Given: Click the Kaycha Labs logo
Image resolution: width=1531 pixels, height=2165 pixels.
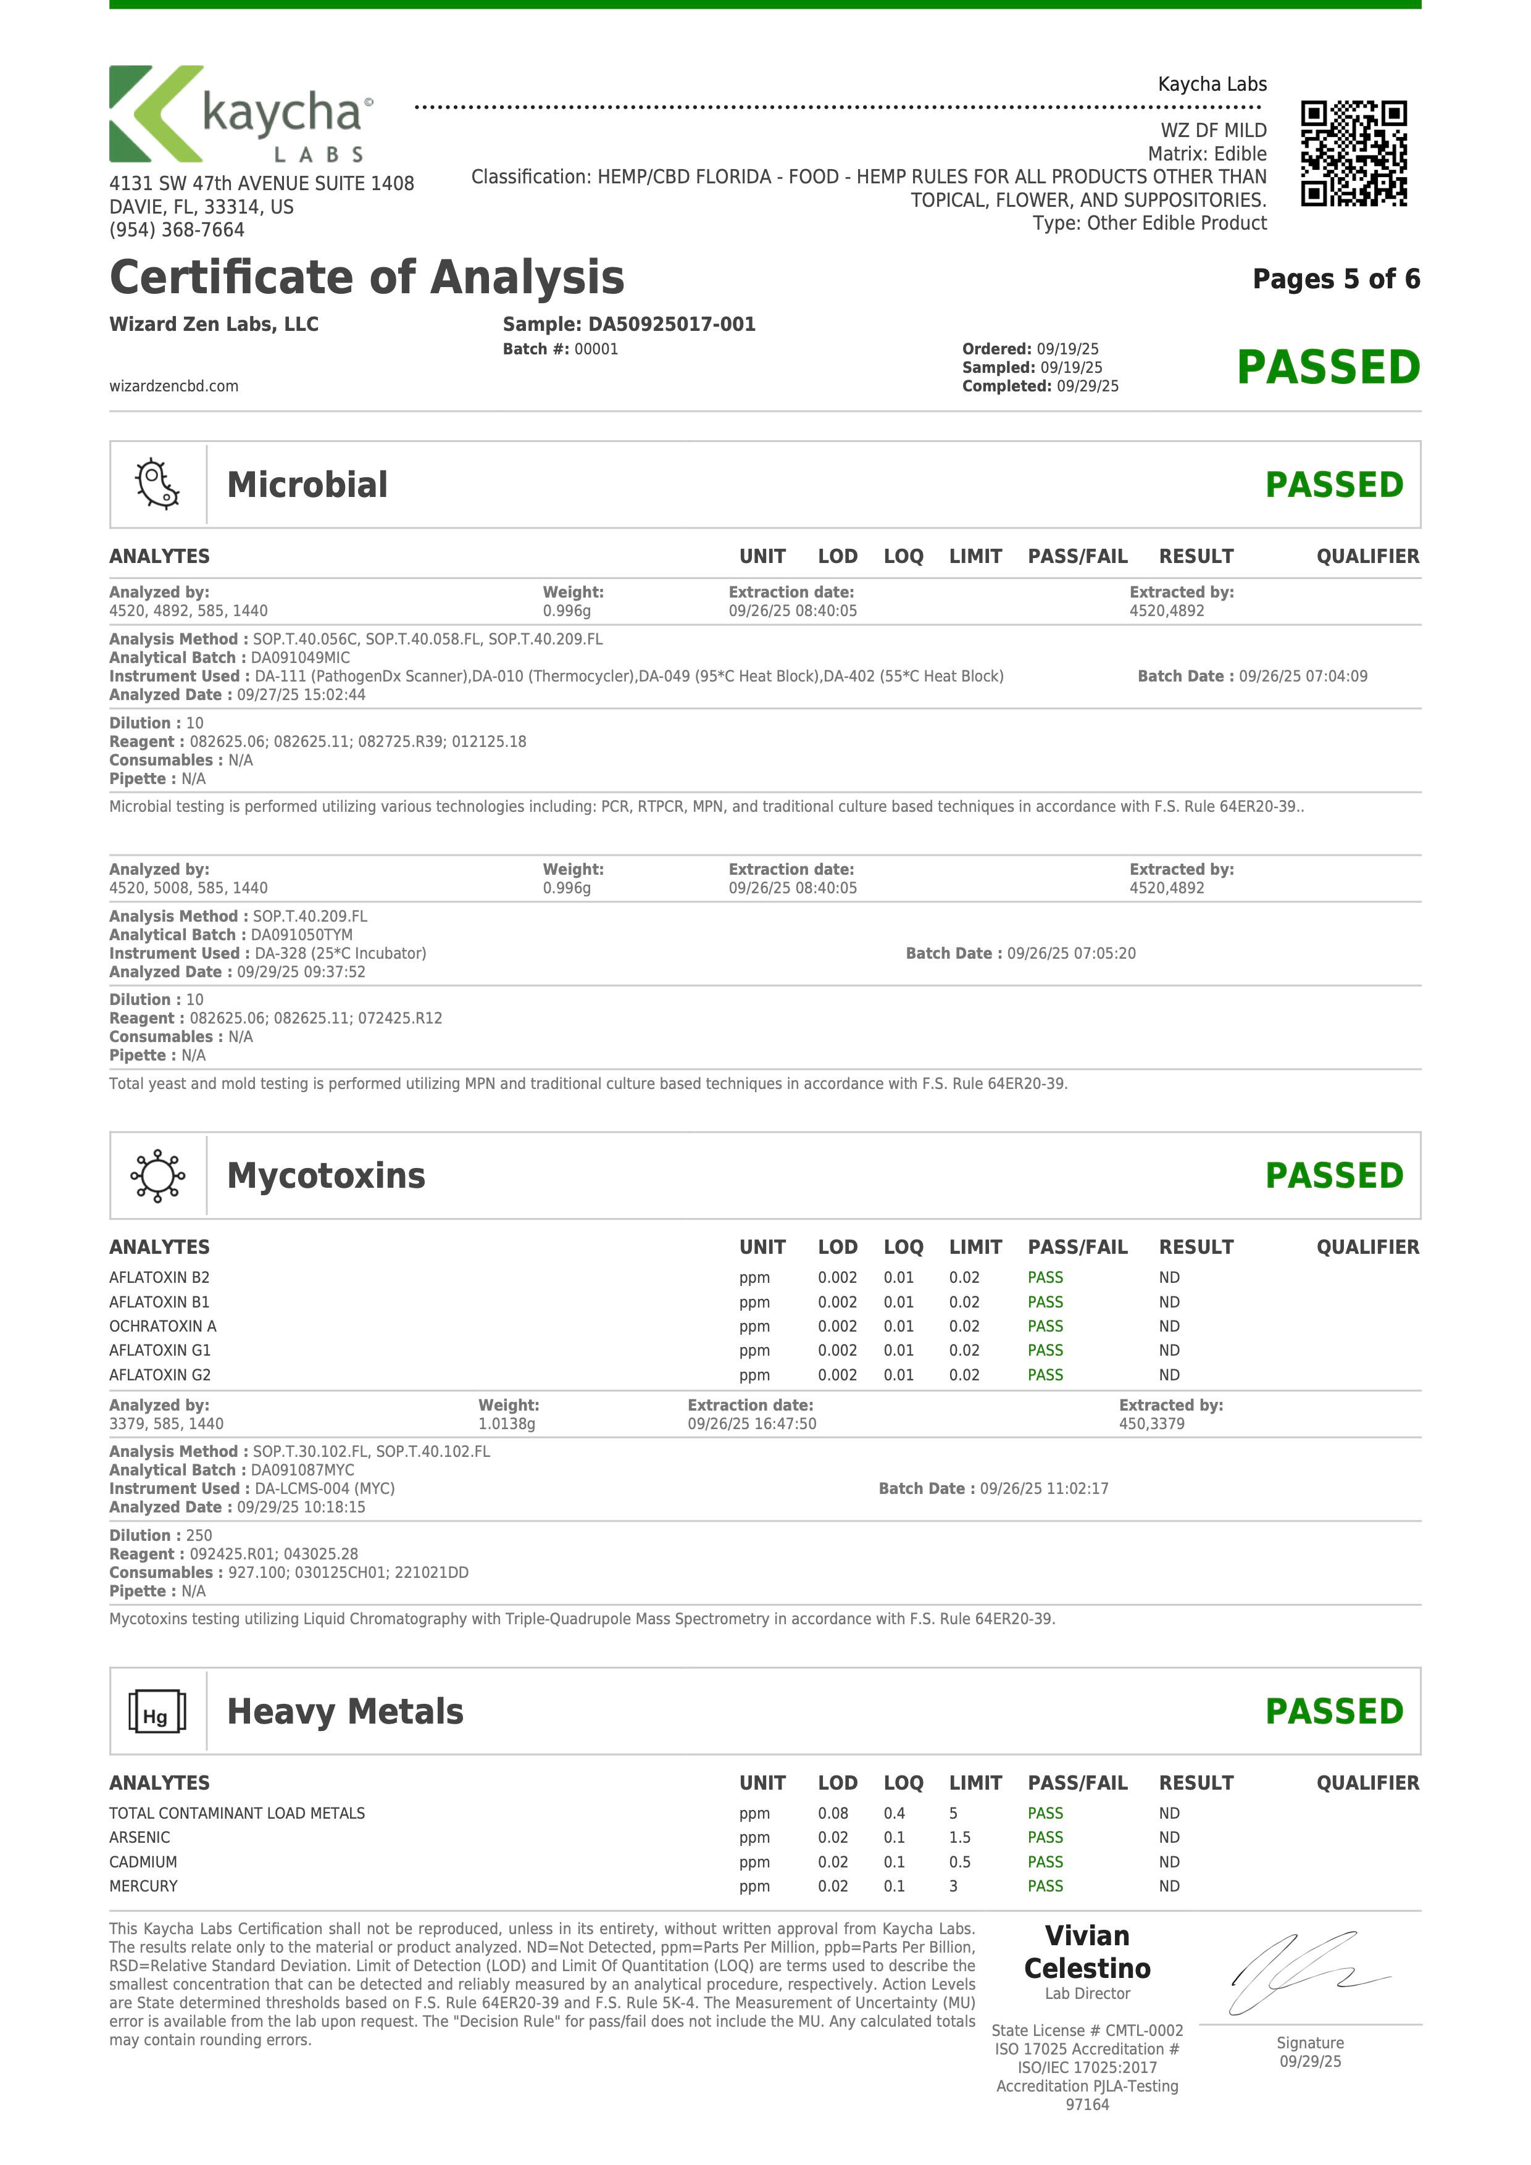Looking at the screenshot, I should tap(241, 114).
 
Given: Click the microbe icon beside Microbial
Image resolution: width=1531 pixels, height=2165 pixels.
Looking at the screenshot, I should tap(157, 485).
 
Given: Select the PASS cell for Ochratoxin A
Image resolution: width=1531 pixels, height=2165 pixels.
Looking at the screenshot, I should tap(1045, 1326).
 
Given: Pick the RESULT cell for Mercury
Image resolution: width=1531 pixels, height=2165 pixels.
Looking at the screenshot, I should tap(1169, 1886).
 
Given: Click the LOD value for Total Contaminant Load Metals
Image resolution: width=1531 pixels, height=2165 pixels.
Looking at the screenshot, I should tap(832, 1813).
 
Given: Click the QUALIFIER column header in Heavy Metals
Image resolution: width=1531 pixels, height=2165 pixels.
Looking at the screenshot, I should tap(1367, 1782).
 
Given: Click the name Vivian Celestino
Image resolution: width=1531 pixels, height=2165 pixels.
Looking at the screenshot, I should tap(1087, 1952).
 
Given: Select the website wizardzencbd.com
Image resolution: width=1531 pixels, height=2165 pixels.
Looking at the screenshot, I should tap(173, 386).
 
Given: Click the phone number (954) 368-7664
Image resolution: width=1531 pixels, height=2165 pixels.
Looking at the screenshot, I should tap(177, 230).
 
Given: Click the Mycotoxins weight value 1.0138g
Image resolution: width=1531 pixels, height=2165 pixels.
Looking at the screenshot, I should tap(506, 1424).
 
